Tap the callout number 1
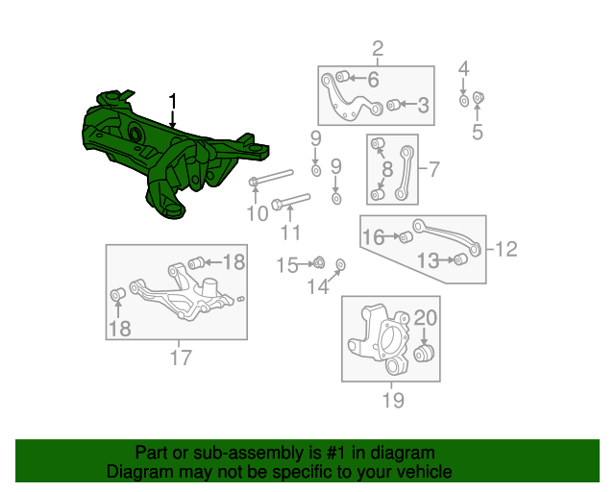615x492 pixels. coord(173,100)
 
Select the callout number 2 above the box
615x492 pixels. coord(377,49)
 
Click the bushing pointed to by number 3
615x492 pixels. coord(392,105)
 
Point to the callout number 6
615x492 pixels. coord(373,80)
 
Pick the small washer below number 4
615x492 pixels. coord(464,100)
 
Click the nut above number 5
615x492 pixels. coord(480,96)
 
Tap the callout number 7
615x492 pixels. coord(433,170)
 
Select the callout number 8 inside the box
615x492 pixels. coord(386,171)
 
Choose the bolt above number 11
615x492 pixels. coord(289,203)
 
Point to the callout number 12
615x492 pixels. coord(506,250)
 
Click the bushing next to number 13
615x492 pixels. coord(460,259)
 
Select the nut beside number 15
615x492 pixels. coord(318,262)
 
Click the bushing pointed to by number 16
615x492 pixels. coord(406,237)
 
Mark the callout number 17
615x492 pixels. coord(181,359)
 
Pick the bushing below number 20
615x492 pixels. coord(426,355)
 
